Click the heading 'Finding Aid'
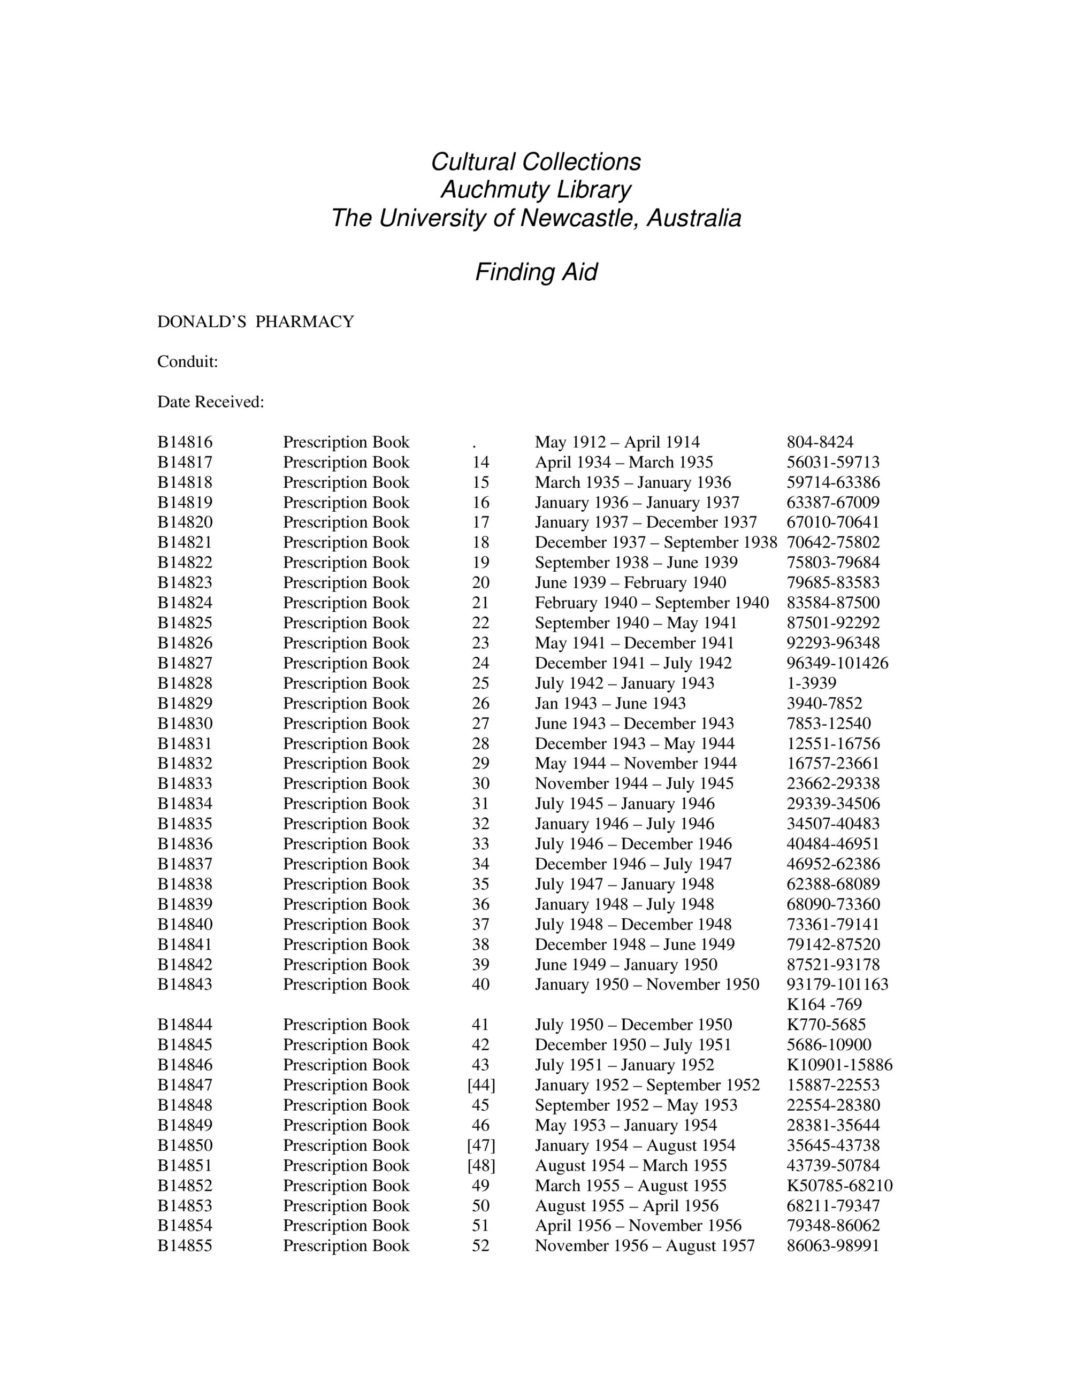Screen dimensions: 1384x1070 coord(536,273)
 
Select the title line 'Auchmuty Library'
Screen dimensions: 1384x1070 coord(536,189)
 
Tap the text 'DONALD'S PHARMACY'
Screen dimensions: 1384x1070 coord(255,322)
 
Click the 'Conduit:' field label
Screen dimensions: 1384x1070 coord(188,362)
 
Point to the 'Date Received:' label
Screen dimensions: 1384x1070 coord(210,402)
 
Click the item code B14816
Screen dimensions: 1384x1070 coord(185,442)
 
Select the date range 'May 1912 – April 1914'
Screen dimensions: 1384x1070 coord(617,442)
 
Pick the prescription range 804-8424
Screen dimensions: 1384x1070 coord(820,442)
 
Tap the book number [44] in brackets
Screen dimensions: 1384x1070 coord(481,1086)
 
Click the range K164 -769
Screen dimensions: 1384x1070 coord(824,1005)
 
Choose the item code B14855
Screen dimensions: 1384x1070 coord(185,1247)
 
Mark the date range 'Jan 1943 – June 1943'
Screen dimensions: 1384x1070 coord(610,703)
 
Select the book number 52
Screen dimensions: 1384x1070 coord(480,1247)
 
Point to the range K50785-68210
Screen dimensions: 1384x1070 coord(839,1186)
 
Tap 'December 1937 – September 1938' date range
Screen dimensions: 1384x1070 coord(655,542)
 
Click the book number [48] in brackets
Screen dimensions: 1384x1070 coord(481,1166)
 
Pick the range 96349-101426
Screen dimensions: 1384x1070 coord(837,664)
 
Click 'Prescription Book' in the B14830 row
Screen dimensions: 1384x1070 coord(346,724)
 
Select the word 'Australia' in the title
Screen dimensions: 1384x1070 coord(693,218)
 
